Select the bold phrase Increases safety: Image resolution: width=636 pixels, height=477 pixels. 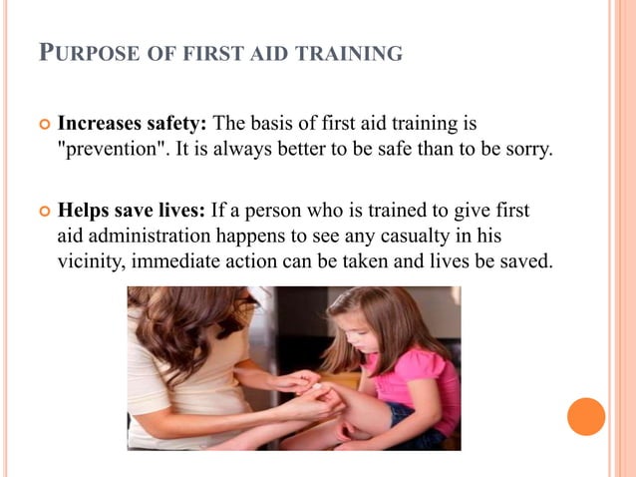133,125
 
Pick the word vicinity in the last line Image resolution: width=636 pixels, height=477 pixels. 90,263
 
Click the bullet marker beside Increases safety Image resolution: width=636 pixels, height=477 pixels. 44,126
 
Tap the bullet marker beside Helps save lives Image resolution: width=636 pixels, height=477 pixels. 44,213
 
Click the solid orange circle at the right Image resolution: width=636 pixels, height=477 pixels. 586,416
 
